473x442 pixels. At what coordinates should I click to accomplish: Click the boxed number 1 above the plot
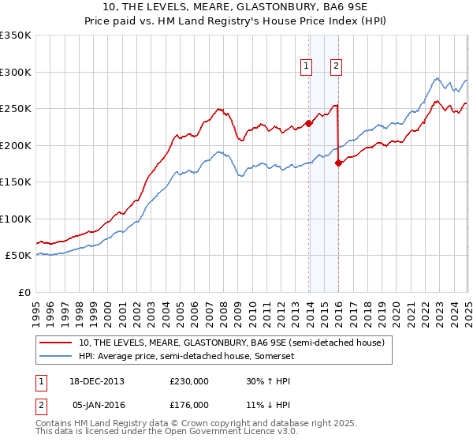[x=306, y=66]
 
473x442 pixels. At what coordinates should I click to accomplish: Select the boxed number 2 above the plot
[x=337, y=66]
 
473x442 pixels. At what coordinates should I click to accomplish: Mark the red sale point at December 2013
[x=309, y=122]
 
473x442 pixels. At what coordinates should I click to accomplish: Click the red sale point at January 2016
[x=339, y=163]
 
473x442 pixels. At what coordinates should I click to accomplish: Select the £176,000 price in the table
[x=188, y=404]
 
